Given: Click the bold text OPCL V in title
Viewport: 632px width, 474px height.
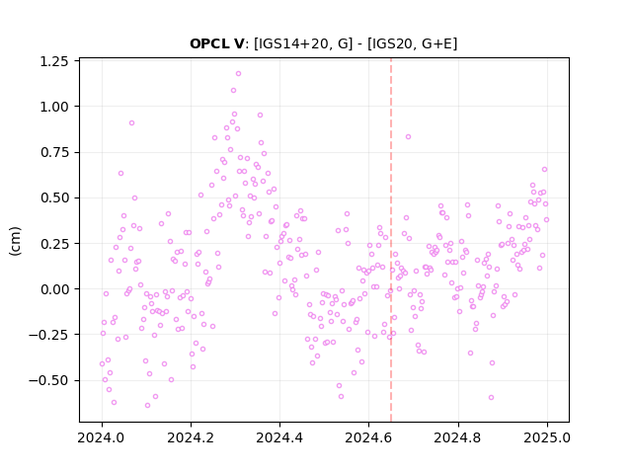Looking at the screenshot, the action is [216, 43].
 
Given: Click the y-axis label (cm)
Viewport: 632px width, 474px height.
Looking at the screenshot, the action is [15, 241].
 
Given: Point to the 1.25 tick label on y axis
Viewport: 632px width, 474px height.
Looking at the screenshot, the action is [54, 61].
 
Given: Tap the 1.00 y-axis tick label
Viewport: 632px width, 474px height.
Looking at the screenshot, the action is [54, 107].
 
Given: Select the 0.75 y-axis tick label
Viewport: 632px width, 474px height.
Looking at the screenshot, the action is [54, 152].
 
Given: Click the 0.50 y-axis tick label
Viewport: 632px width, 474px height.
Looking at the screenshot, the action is [54, 197].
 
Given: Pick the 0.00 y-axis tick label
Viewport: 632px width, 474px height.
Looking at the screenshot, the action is [54, 289].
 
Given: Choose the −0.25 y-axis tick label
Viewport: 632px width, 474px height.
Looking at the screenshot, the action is [48, 335].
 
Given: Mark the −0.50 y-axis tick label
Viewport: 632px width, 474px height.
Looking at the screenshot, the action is [48, 380].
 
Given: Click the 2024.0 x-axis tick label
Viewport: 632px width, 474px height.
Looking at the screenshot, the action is [102, 437].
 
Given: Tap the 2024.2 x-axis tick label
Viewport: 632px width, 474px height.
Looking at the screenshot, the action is [191, 437].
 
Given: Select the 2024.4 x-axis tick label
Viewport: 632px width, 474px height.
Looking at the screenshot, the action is [279, 437].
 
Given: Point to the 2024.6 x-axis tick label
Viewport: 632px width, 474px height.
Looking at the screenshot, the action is [368, 437].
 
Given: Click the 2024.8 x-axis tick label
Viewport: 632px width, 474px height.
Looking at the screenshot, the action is [458, 437].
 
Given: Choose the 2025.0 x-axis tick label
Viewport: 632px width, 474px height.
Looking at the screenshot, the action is [547, 437].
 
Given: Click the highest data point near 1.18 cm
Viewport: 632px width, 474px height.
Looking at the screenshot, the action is [238, 74].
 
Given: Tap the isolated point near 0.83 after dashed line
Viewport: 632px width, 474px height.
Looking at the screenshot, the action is [408, 137].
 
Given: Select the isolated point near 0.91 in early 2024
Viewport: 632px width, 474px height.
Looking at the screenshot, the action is [131, 122].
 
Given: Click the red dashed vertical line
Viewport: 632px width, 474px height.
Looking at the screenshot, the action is [391, 240].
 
